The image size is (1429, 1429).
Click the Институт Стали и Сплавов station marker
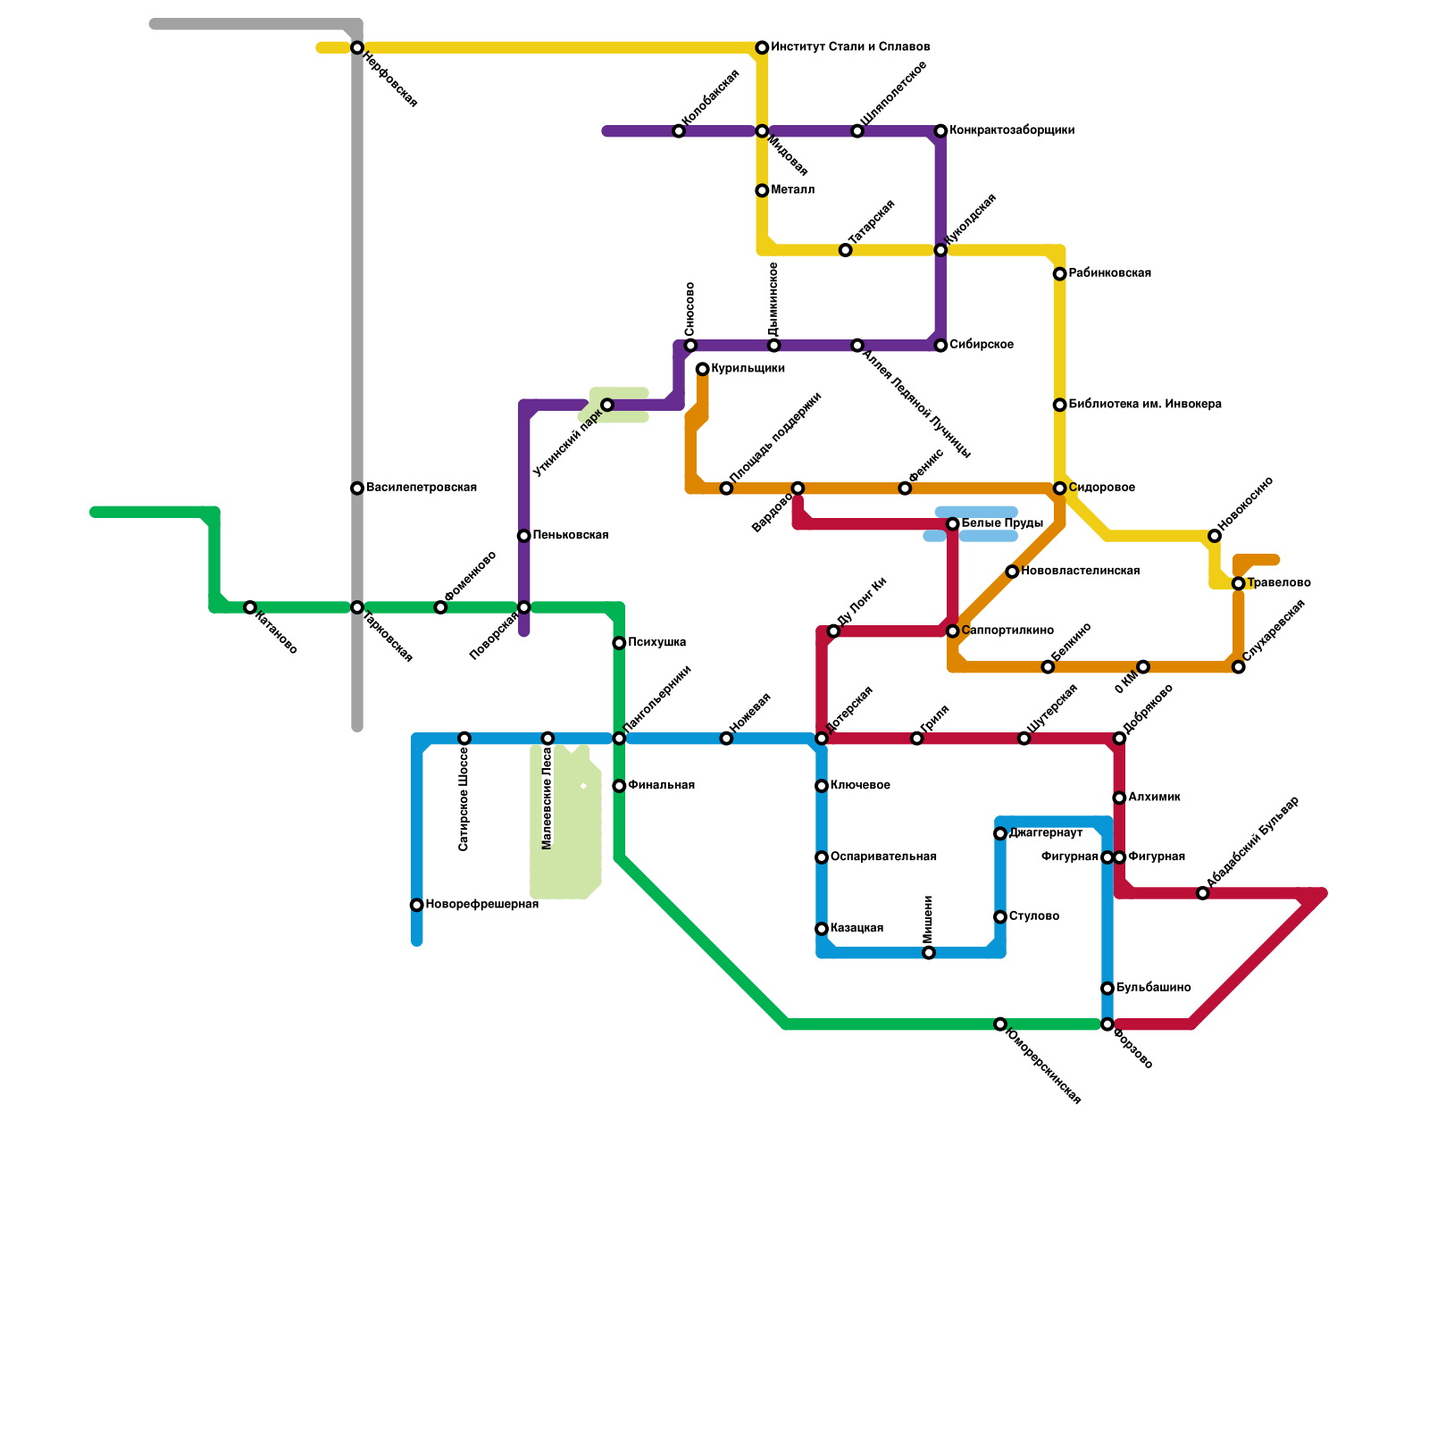pyautogui.click(x=762, y=47)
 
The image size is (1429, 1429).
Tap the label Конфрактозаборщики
pyautogui.click(x=1012, y=130)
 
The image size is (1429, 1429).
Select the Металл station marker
pyautogui.click(x=762, y=190)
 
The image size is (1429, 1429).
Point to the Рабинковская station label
pyautogui.click(x=1109, y=273)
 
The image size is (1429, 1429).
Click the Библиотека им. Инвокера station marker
pyautogui.click(x=1059, y=405)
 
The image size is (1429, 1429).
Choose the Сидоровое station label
pyautogui.click(x=1101, y=488)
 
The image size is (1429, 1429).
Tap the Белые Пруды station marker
pyautogui.click(x=953, y=523)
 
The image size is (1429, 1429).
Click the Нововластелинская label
pyautogui.click(x=1080, y=571)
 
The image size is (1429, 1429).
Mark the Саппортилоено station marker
pyautogui.click(x=953, y=631)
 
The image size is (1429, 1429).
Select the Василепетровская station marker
pyautogui.click(x=357, y=488)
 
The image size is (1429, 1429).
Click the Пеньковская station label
pyautogui.click(x=570, y=535)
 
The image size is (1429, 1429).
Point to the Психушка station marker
pyautogui.click(x=619, y=643)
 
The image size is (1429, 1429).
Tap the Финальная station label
pyautogui.click(x=661, y=785)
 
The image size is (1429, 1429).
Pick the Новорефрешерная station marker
pyautogui.click(x=417, y=905)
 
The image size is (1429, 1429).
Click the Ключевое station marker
pyautogui.click(x=822, y=786)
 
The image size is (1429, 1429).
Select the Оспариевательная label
pyautogui.click(x=883, y=857)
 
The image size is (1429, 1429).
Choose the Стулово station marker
pyautogui.click(x=1000, y=917)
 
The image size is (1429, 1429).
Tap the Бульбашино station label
pyautogui.click(x=1153, y=988)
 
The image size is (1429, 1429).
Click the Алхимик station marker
pyautogui.click(x=1119, y=798)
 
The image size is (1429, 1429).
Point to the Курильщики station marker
pyautogui.click(x=703, y=369)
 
